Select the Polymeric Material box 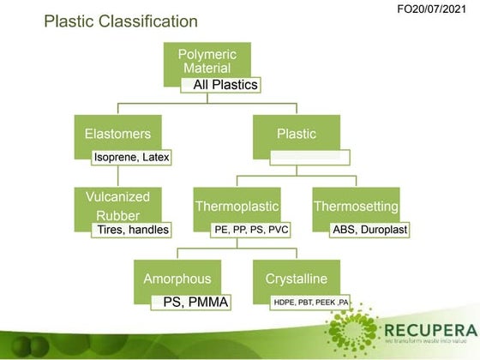coord(207,62)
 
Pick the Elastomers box coord(117,135)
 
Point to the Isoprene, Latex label coord(131,157)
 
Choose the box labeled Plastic coord(297,135)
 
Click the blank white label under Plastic coord(309,157)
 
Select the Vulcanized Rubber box coord(117,206)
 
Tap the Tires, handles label coord(131,230)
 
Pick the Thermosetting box coord(356,207)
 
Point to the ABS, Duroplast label coord(370,230)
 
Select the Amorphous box coord(177,279)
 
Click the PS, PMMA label coord(189,302)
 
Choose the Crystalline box coord(297,279)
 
